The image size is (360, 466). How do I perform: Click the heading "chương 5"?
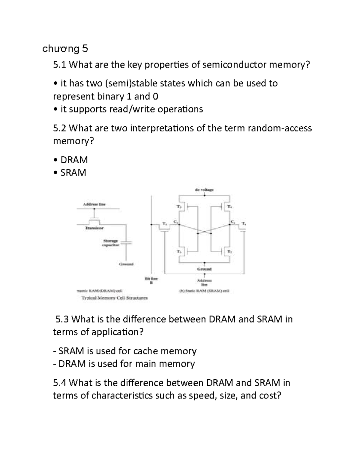point(65,49)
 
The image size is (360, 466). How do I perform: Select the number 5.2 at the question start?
point(59,128)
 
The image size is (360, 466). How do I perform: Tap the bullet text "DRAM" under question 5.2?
point(74,160)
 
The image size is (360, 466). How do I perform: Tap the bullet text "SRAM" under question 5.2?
point(73,173)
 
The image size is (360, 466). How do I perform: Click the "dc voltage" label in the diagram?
point(204,190)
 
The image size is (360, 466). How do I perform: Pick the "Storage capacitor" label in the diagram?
point(111,243)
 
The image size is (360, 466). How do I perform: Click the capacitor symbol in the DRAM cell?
point(127,242)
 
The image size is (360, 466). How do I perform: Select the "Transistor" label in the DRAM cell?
point(94,228)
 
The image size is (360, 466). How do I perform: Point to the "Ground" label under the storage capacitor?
point(126,264)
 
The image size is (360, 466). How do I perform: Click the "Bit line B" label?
point(151,281)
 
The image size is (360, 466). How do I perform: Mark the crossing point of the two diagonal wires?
point(204,232)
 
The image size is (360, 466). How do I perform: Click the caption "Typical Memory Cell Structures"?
point(115,298)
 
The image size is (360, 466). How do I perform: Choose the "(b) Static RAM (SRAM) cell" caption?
point(204,291)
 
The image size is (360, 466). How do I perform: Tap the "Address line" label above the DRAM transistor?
point(94,204)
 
